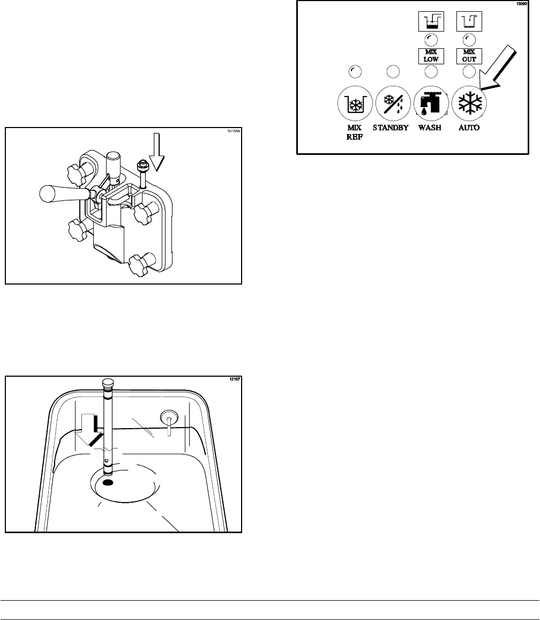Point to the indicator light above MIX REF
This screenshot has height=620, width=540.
click(354, 71)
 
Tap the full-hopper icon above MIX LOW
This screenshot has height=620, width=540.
click(431, 23)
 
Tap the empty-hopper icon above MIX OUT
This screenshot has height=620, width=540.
click(469, 23)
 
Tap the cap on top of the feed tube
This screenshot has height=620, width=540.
click(107, 385)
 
